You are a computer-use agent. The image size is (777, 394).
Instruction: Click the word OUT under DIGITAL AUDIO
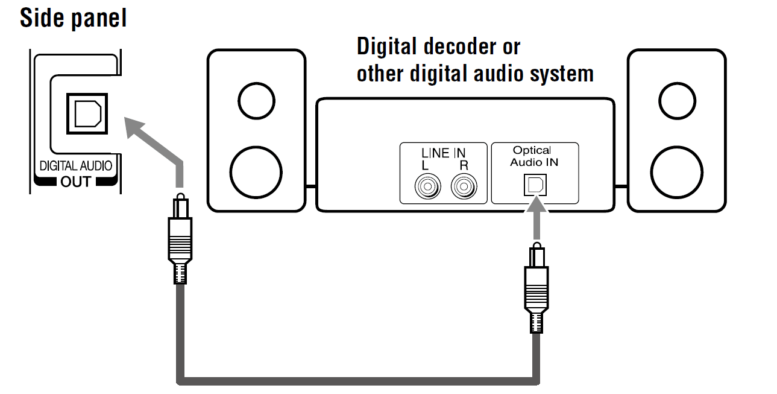(75, 181)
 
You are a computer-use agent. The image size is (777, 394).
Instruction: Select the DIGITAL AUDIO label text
(75, 166)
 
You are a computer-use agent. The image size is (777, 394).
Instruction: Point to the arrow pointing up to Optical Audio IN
(535, 220)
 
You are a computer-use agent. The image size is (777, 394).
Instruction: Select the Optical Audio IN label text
(535, 156)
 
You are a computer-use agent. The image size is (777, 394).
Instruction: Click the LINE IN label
(444, 153)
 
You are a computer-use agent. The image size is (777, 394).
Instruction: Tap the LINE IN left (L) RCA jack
(427, 187)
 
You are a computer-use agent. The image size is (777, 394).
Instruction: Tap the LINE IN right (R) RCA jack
(463, 187)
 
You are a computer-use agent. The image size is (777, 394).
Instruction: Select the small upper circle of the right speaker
(676, 100)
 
